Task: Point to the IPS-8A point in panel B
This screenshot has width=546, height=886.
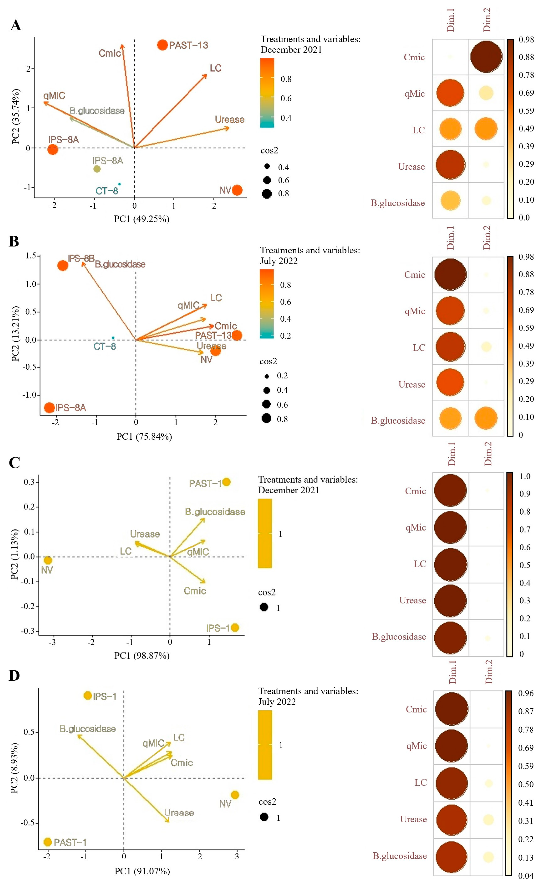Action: point(49,408)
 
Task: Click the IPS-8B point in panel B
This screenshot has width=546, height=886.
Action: point(63,265)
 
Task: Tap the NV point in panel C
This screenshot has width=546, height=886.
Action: point(48,560)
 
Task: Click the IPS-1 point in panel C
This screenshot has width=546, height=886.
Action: point(235,627)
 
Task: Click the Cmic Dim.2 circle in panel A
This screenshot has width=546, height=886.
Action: point(486,57)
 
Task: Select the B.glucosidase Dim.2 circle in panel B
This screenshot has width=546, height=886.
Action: point(486,418)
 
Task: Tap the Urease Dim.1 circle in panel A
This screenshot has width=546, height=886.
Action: point(450,165)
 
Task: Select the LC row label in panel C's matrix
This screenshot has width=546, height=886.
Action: point(420,564)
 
